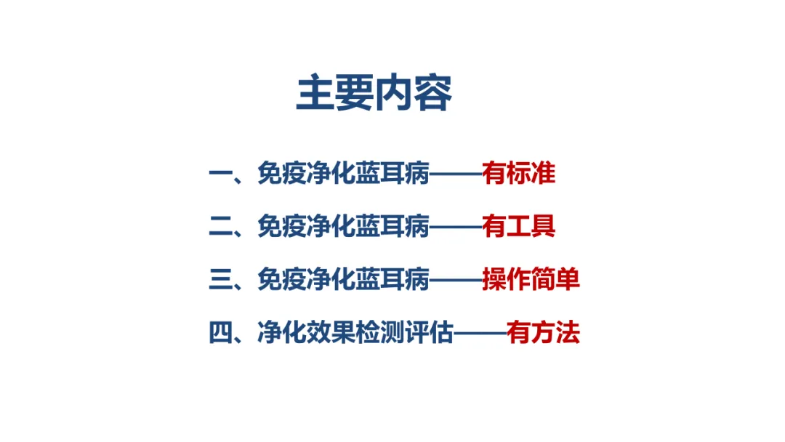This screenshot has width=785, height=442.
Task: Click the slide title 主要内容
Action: [374, 93]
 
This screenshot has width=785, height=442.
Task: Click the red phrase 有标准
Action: [519, 174]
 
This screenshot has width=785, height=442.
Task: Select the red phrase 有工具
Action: [519, 227]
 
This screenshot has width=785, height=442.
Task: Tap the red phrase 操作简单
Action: [531, 280]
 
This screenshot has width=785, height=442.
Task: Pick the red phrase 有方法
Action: [544, 334]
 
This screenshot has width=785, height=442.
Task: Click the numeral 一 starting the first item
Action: [220, 174]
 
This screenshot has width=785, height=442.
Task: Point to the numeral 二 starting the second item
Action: [220, 227]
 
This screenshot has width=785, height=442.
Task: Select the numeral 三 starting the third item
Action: [220, 280]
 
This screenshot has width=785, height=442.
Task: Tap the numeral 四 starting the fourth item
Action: [220, 334]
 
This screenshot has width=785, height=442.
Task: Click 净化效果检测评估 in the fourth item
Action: [355, 334]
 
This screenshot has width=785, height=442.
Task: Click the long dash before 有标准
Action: [456, 174]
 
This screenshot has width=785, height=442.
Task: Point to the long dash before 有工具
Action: [456, 227]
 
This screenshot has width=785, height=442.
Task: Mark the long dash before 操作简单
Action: [456, 280]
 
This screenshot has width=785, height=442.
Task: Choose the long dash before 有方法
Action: [480, 334]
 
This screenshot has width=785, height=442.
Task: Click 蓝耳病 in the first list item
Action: [392, 174]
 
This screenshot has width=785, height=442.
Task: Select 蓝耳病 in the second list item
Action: [392, 227]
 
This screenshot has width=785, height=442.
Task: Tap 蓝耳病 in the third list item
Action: [392, 280]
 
